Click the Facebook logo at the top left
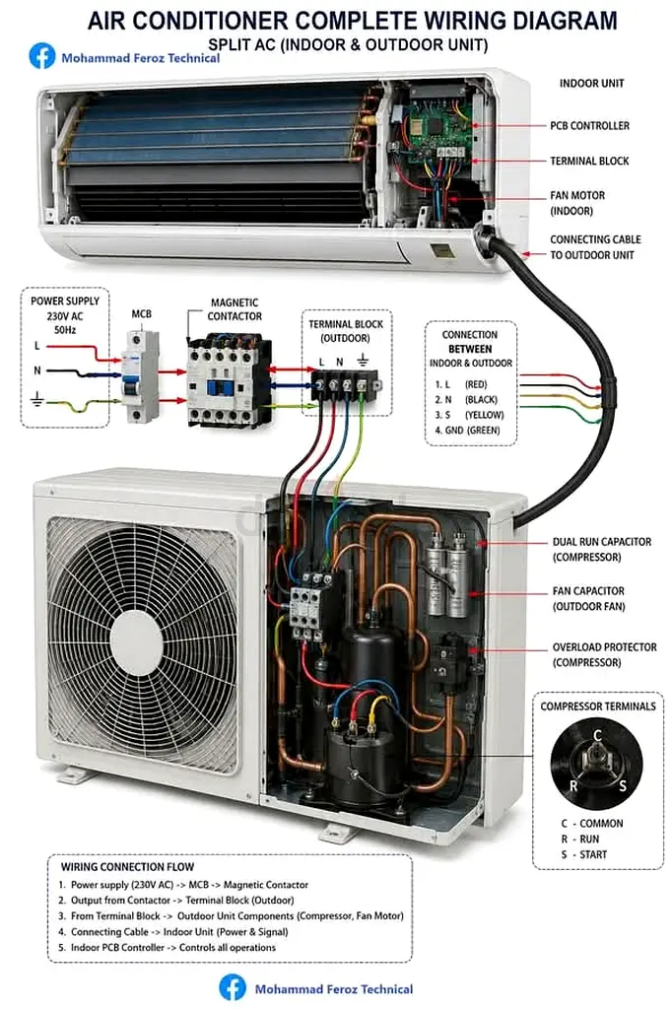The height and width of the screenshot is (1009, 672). [41, 56]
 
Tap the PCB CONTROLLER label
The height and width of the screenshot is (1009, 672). [589, 125]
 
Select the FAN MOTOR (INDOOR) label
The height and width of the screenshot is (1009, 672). [577, 203]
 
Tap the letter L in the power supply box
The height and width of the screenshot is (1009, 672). [37, 346]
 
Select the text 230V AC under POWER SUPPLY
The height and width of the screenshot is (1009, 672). [65, 316]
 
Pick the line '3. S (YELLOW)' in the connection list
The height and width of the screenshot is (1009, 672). [469, 415]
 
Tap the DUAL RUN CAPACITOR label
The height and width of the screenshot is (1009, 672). [602, 542]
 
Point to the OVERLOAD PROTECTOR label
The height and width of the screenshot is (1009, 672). [604, 646]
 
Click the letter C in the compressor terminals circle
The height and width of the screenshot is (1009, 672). [597, 735]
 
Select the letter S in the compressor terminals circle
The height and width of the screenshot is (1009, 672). [623, 786]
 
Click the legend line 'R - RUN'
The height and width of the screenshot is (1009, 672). [580, 840]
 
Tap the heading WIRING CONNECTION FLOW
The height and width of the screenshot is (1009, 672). [127, 867]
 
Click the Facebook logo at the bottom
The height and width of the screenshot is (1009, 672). [233, 987]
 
